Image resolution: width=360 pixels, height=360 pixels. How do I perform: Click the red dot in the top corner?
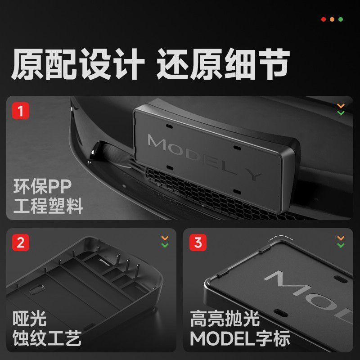pos(323,19)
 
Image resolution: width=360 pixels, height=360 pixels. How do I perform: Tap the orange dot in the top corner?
pos(332,19)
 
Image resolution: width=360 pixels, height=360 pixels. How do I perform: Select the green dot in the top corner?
pos(341,19)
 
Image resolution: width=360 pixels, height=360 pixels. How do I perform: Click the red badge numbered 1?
pos(21,111)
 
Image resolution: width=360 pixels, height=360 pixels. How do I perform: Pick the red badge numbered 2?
pos(21,243)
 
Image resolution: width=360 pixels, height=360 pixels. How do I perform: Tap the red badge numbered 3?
pos(198,243)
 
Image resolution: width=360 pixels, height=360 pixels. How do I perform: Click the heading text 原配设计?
pos(78,64)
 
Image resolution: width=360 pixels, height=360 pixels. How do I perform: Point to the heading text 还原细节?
pos(223,64)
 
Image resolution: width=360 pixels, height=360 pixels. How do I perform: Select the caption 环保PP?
pos(42,187)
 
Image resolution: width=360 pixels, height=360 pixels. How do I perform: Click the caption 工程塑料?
pos(48,206)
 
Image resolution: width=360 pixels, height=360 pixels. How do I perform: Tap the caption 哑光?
pos(30,319)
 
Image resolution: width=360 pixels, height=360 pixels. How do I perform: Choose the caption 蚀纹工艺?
pos(47,338)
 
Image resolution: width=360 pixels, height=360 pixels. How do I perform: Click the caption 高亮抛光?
pos(225,319)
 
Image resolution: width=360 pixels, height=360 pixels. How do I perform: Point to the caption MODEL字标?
pos(240,338)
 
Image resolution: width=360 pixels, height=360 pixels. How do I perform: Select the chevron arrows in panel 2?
pos(165,242)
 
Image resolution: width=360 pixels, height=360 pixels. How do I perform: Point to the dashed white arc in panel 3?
pos(280,238)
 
